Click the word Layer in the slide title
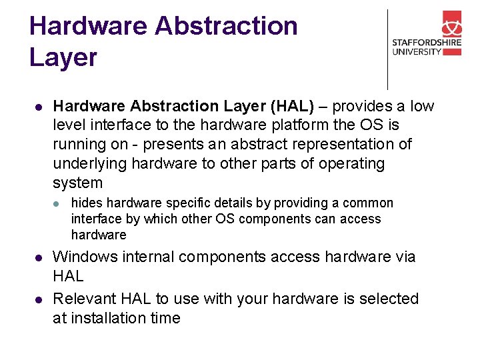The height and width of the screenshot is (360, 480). [63, 58]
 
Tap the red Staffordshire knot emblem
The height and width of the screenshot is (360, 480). [451, 26]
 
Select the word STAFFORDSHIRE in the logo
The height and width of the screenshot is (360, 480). [426, 43]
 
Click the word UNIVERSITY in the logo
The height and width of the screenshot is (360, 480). [417, 52]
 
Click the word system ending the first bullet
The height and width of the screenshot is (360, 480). [77, 183]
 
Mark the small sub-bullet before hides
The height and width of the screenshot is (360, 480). [57, 203]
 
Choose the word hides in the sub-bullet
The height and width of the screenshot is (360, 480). [87, 203]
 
